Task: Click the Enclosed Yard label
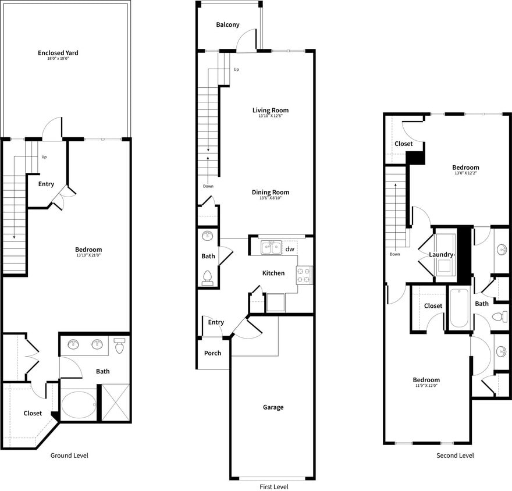[x=58, y=53]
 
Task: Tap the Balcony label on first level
[x=227, y=24]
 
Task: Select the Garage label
[x=273, y=407]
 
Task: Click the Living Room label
[x=270, y=110]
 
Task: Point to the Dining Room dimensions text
[x=270, y=198]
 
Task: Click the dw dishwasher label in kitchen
[x=290, y=249]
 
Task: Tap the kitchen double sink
[x=271, y=248]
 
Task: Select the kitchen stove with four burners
[x=304, y=275]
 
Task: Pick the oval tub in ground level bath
[x=79, y=404]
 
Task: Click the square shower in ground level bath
[x=115, y=403]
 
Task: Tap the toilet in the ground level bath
[x=120, y=346]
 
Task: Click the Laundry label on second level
[x=441, y=255]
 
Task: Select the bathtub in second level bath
[x=460, y=308]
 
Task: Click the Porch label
[x=212, y=353]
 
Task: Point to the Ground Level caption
[x=69, y=456]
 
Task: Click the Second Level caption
[x=455, y=456]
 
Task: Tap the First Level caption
[x=273, y=487]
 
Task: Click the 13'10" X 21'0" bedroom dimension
[x=88, y=255]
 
